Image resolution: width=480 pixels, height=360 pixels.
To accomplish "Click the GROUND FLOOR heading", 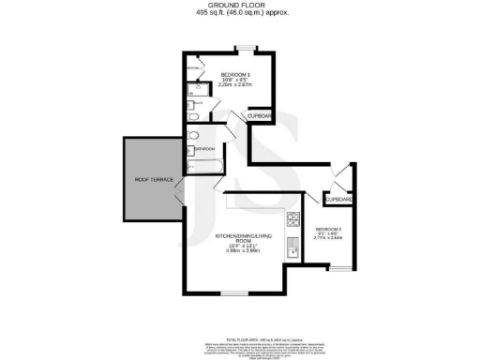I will tap(239, 5).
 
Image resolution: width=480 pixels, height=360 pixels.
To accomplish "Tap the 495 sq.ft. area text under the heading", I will tap(239, 13).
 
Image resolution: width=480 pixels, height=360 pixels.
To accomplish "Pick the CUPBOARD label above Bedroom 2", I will tap(337, 200).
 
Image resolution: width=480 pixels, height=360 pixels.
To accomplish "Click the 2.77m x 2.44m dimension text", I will tap(329, 240).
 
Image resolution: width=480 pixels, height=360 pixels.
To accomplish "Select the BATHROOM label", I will tap(206, 148).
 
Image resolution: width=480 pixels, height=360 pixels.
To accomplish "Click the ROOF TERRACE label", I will tap(151, 178).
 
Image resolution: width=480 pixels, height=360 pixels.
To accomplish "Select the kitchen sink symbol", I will tap(293, 248).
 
